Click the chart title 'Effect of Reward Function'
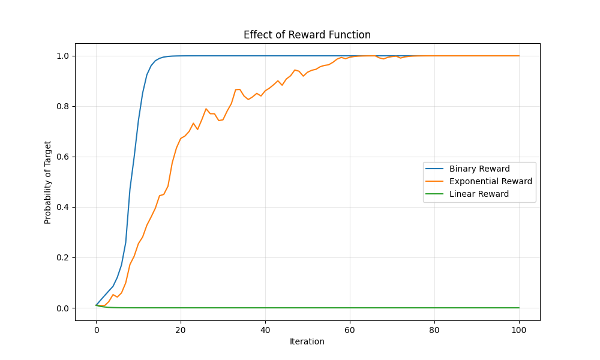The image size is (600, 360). (307, 35)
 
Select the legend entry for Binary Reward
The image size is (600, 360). (479, 169)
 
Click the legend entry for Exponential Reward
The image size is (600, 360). (490, 181)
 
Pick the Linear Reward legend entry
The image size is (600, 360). (479, 194)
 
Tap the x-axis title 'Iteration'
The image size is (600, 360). (307, 341)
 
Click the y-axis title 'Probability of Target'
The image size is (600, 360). (48, 182)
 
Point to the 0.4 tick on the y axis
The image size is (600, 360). (62, 207)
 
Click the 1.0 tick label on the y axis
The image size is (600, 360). (62, 56)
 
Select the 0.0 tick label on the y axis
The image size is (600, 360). (62, 308)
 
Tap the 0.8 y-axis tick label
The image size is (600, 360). (62, 106)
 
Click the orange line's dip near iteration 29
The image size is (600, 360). (219, 121)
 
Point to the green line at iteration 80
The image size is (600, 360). (434, 308)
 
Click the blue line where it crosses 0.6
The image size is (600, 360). (134, 157)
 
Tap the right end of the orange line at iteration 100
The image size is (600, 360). (519, 56)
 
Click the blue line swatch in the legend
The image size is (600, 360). (436, 169)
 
